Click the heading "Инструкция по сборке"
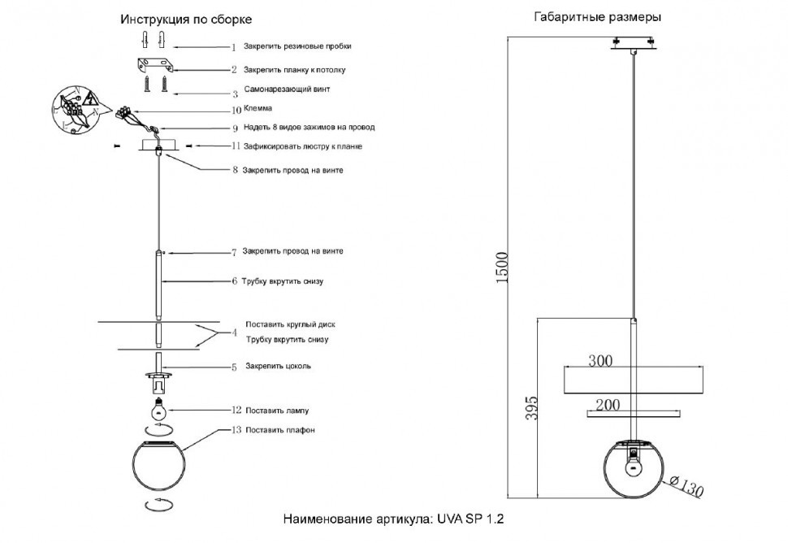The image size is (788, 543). pos(186,19)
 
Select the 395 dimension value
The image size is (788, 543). pos(531,408)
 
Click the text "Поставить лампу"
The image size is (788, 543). pos(276,411)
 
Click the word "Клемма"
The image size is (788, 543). pos(258,107)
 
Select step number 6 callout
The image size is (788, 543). pos(234,281)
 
